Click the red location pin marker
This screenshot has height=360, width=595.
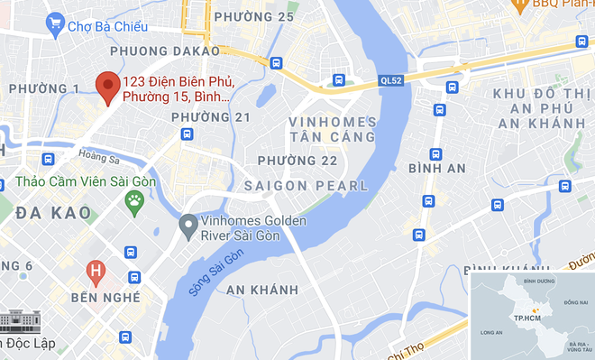click(109, 88)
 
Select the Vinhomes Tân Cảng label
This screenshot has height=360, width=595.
click(332, 129)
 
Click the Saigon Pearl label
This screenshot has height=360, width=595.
click(313, 186)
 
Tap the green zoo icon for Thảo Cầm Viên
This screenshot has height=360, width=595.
click(135, 200)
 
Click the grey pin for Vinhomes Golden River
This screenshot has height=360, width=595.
click(188, 224)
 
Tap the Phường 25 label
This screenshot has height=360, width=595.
click(261, 17)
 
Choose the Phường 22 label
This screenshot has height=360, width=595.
click(297, 160)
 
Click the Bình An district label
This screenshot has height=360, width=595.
click(436, 169)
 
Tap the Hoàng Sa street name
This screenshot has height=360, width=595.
click(98, 156)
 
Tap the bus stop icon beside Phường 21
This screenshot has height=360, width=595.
click(187, 134)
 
